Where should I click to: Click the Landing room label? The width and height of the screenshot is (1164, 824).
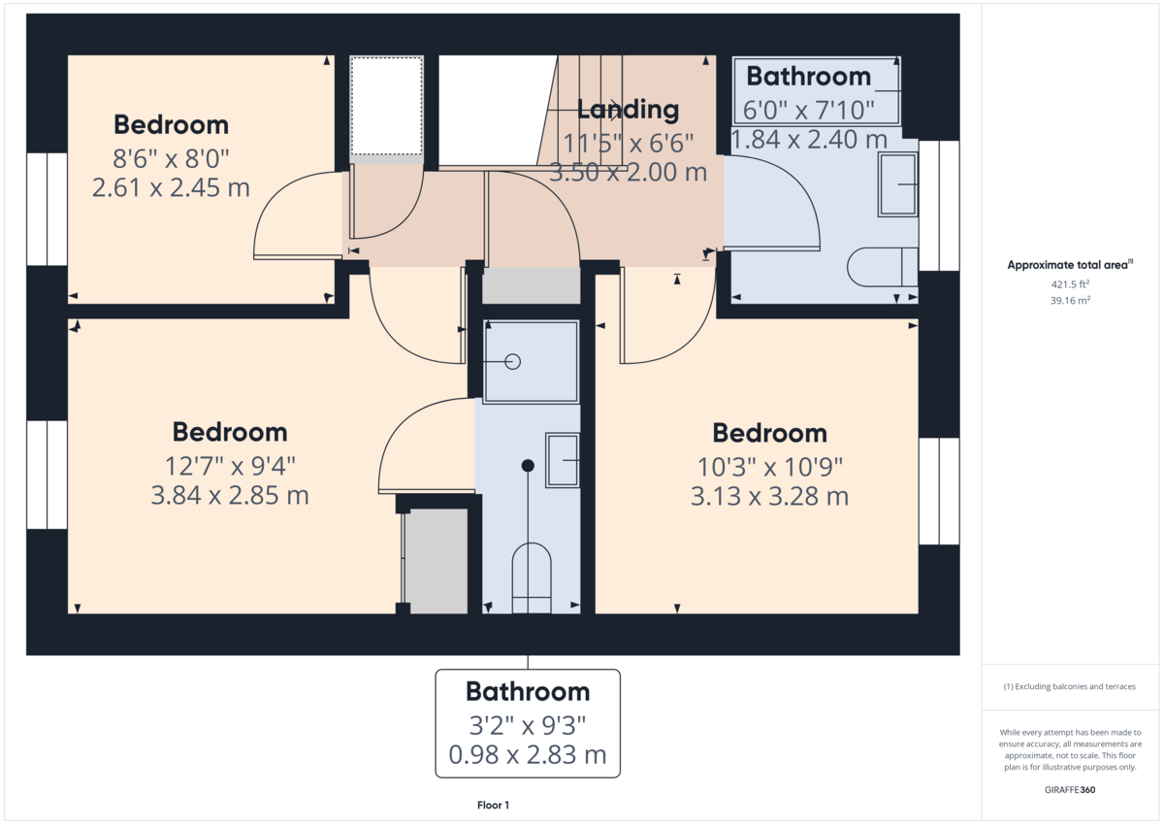[628, 110]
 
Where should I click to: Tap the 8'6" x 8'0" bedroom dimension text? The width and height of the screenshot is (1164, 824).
[171, 156]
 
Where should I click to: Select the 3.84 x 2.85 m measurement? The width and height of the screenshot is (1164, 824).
[230, 496]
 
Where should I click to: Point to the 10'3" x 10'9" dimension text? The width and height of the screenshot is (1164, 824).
[770, 466]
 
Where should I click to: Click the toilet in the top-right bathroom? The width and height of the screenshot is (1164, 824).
[881, 267]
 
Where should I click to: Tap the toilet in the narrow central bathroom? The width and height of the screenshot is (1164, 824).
[531, 578]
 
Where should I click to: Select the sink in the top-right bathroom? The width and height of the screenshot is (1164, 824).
[897, 183]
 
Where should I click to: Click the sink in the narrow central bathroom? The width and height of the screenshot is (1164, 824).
[563, 459]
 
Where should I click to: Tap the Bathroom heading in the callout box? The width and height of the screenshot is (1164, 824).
[528, 692]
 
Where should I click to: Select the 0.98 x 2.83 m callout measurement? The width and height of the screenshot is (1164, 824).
[528, 754]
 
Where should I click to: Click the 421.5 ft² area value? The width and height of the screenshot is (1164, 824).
[1071, 284]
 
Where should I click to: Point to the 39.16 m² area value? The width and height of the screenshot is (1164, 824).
[1071, 300]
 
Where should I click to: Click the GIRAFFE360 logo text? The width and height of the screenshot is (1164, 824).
[1071, 790]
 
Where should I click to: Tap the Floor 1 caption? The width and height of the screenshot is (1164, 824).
[493, 806]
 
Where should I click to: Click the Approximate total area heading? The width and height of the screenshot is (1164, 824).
[1069, 265]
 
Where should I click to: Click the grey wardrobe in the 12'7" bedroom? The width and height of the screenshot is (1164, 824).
[436, 561]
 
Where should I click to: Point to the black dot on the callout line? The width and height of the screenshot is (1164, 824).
[528, 466]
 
